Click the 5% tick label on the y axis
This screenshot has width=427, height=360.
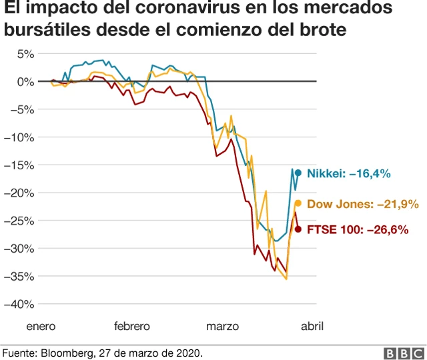tap(25, 54)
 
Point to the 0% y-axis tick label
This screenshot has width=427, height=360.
tap(25, 81)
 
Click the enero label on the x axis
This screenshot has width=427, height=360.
tap(41, 326)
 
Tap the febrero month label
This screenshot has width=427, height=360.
tap(132, 326)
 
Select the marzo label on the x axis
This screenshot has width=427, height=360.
tap(222, 326)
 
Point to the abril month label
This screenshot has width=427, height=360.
tap(312, 326)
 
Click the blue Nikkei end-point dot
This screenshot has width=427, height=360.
tap(298, 173)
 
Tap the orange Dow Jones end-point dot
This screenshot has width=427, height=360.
tap(298, 203)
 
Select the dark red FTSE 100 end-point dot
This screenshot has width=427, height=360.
tap(298, 229)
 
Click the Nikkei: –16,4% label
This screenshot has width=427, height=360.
tap(353, 173)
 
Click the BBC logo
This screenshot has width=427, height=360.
tap(403, 353)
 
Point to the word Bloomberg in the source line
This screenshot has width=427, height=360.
tap(67, 352)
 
